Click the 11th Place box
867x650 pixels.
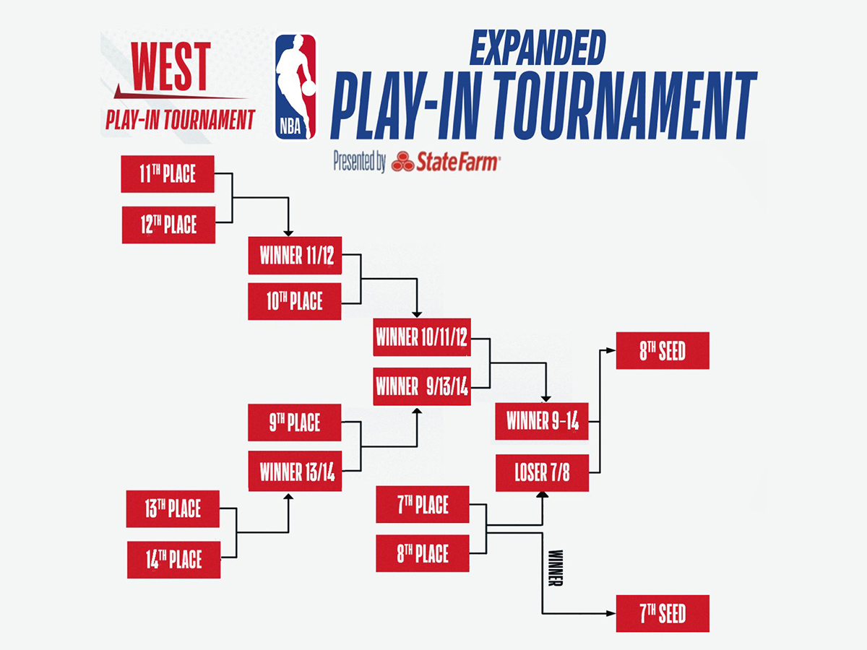[x=168, y=174]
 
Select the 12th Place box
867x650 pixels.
[x=168, y=225]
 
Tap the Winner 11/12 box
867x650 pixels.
[x=295, y=256]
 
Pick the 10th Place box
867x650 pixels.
[x=295, y=301]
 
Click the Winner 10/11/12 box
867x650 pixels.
[x=422, y=337]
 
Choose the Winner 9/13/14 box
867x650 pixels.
[x=422, y=387]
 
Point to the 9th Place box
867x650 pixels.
[x=294, y=422]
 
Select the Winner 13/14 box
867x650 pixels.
[x=295, y=472]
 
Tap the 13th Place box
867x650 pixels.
[x=173, y=508]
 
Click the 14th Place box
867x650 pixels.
[x=173, y=560]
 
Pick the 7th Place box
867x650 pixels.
[x=423, y=505]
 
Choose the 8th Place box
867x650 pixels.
[x=423, y=554]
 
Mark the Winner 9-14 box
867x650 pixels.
[x=542, y=422]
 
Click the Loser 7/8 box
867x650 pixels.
[x=542, y=473]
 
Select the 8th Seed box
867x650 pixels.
[x=663, y=351]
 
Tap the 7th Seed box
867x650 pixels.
[x=663, y=614]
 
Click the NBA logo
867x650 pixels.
[x=295, y=87]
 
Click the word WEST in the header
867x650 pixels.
[x=171, y=66]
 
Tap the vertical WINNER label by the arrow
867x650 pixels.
[x=556, y=568]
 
